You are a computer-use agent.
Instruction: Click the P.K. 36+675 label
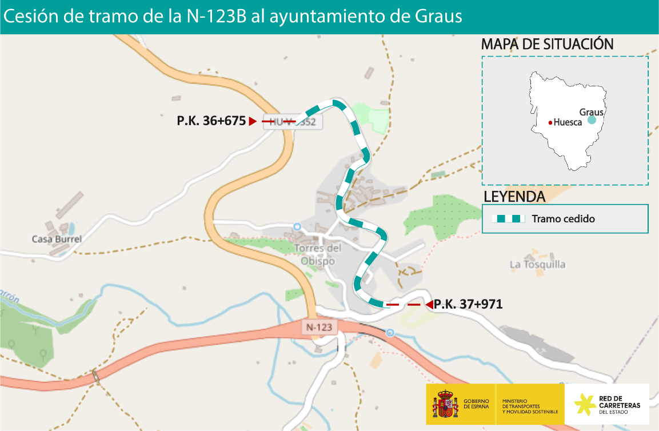211,121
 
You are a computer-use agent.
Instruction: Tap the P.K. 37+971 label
468,304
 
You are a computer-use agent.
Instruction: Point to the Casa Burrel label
57,239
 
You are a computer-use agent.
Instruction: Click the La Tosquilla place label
537,265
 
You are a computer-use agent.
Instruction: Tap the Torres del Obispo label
318,254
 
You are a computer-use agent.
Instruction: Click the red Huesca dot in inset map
550,122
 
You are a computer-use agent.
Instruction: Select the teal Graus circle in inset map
592,120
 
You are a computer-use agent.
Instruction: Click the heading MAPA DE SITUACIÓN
547,44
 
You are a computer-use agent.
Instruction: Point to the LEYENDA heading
514,197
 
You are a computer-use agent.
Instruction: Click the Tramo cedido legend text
563,219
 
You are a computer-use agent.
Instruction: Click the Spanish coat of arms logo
445,404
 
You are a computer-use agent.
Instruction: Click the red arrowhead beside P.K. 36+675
252,121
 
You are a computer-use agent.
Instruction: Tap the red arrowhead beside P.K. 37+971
428,305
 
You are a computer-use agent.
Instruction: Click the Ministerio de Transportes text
530,406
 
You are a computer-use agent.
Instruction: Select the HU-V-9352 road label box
290,121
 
